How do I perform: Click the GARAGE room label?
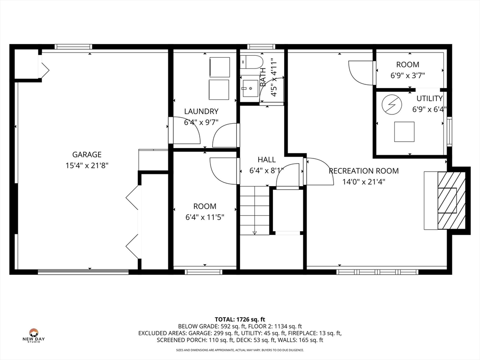[x=87, y=155]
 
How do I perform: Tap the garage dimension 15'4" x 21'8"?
[x=87, y=165]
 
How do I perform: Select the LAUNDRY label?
[x=201, y=112]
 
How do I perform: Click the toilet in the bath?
[x=252, y=62]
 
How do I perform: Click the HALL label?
[x=267, y=159]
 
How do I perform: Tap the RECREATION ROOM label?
[x=364, y=171]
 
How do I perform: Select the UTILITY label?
[x=429, y=98]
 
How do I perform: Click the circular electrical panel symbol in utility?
[x=391, y=105]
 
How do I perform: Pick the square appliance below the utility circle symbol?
[x=404, y=132]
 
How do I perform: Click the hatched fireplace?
[x=451, y=201]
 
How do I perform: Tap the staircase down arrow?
[x=255, y=232]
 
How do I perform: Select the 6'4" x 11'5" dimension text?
[x=205, y=217]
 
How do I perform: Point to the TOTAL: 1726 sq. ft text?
[x=240, y=320]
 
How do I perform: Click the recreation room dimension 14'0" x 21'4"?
[x=364, y=182]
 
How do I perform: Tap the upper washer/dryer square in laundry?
[x=219, y=67]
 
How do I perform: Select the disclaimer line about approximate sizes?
[x=240, y=350]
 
